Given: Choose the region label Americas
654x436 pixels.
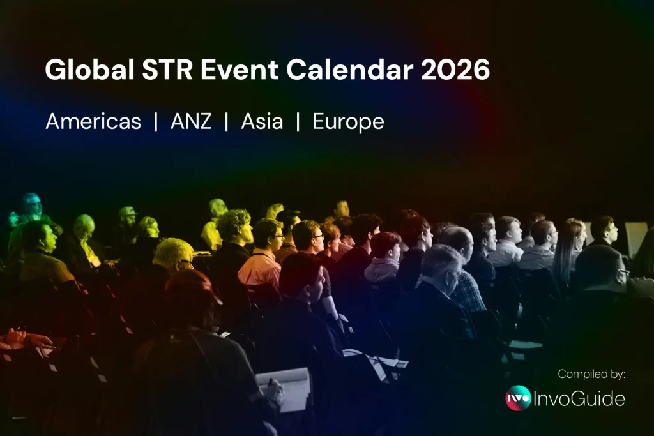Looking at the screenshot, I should [93, 121].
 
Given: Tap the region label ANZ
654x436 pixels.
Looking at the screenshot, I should [191, 121].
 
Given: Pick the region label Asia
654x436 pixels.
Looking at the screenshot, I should [262, 121].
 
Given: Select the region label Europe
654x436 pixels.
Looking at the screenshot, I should [348, 121].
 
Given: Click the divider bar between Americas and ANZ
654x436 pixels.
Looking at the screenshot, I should [156, 121].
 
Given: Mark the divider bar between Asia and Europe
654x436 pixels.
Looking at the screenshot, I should [298, 121].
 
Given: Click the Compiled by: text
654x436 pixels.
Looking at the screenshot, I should [591, 374].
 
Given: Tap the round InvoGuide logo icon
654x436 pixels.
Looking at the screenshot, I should [518, 398].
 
